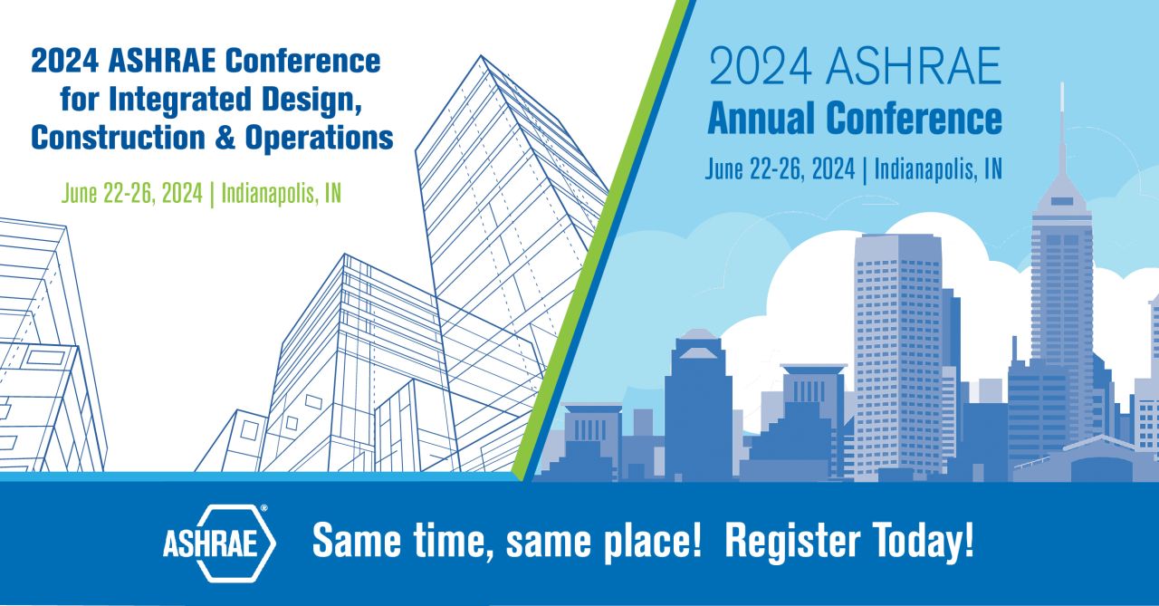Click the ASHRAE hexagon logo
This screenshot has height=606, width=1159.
(x=219, y=543)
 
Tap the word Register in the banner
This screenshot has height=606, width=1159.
(x=792, y=540)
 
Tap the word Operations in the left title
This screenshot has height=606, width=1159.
(x=320, y=138)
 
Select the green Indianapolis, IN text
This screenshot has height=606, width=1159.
(x=282, y=194)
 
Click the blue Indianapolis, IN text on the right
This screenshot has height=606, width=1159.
(x=938, y=169)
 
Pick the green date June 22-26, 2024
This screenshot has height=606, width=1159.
(x=132, y=194)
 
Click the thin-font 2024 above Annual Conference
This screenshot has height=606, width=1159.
(x=760, y=66)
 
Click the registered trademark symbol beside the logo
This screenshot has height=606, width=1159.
(x=263, y=508)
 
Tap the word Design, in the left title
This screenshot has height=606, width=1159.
(x=311, y=100)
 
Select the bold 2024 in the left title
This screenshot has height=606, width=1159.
(x=64, y=61)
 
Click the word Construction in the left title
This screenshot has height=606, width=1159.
(x=118, y=138)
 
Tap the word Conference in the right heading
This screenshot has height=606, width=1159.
(x=915, y=118)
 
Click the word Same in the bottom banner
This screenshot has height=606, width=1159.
(x=357, y=540)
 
